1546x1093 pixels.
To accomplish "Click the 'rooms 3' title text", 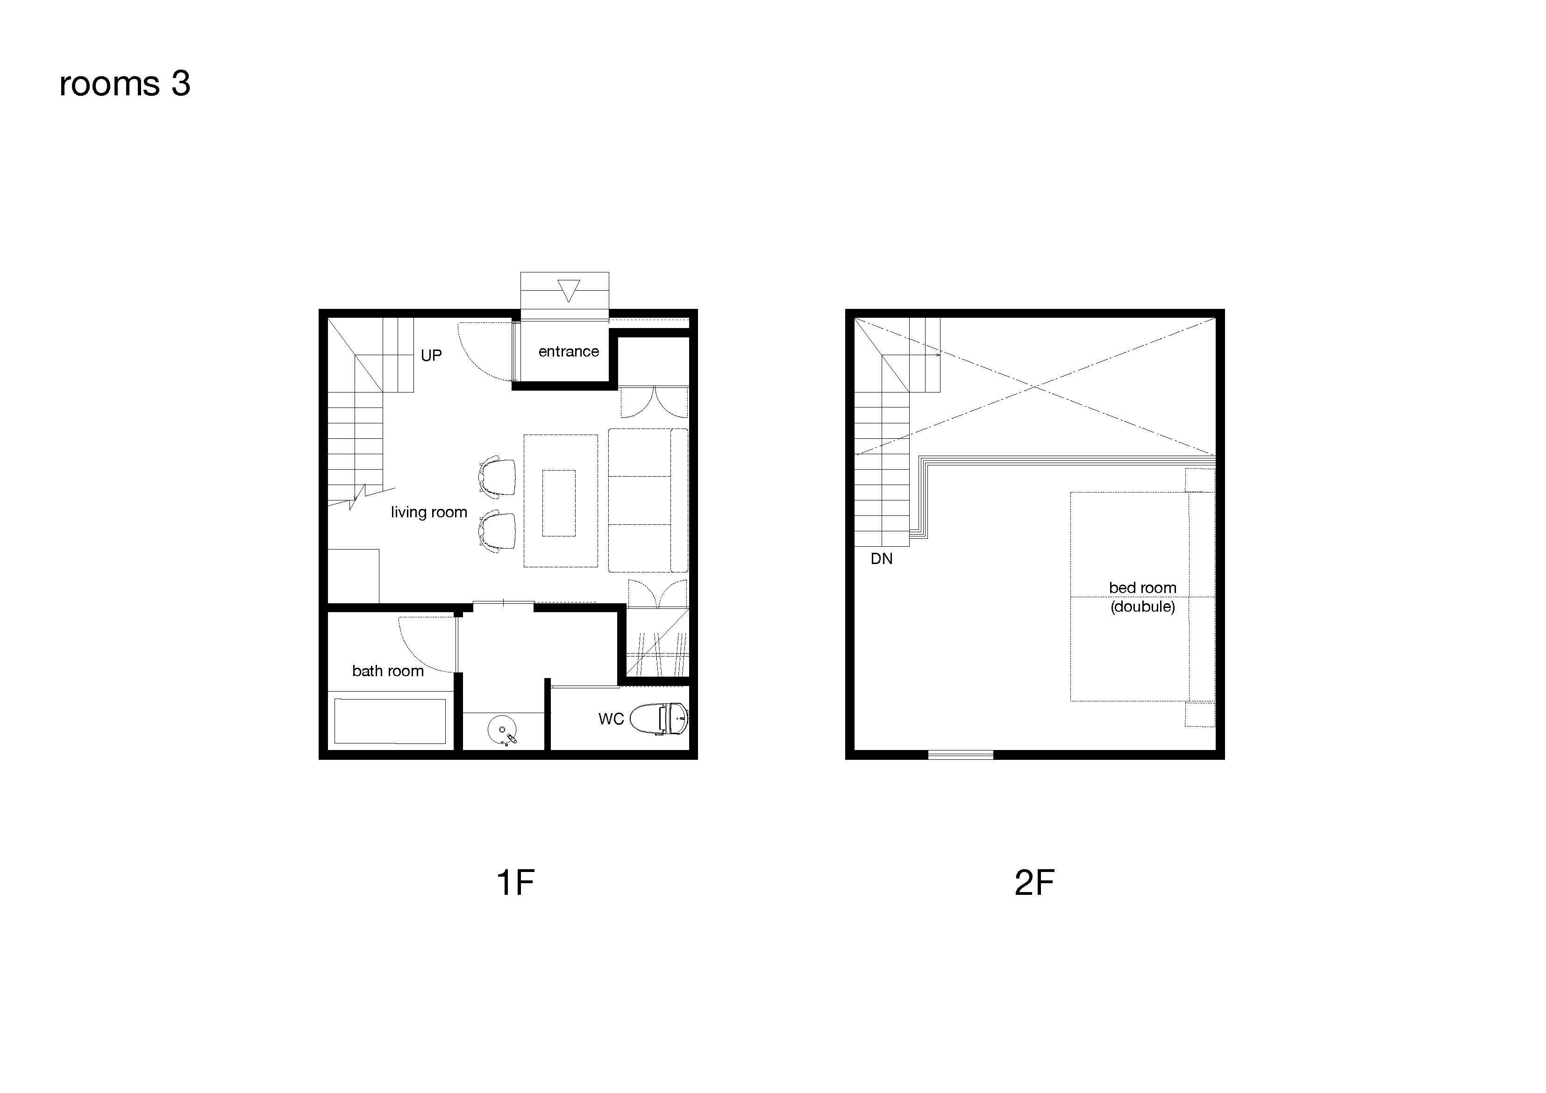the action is point(125,84).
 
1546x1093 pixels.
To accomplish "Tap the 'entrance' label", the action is point(568,351).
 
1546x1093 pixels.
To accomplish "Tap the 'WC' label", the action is point(611,719).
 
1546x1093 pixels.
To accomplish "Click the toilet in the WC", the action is point(658,719).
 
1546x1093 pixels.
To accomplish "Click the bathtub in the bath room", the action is point(390,721).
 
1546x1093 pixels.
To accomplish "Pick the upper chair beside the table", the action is point(498,478).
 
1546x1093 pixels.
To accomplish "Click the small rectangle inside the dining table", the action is point(559,503).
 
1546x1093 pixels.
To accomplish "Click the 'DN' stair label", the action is point(882,559).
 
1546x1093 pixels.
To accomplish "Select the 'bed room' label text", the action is point(1143,588).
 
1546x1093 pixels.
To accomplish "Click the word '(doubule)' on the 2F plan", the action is point(1143,607).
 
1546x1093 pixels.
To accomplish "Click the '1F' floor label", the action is point(515,883).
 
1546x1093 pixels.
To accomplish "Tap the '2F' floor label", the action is point(1034,883).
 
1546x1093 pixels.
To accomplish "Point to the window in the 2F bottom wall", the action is point(960,755).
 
